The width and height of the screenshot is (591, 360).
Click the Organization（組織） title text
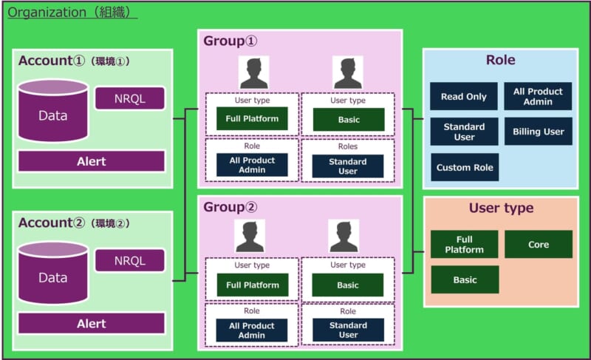click(72, 13)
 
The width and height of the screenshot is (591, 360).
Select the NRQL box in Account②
click(129, 260)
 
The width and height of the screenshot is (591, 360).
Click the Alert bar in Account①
click(92, 161)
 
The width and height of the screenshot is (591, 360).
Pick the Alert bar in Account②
click(92, 324)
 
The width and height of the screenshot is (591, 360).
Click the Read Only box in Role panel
click(464, 97)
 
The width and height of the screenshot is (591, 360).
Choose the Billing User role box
click(539, 132)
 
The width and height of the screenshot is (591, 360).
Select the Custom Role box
click(464, 167)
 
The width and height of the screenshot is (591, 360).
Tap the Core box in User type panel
click(539, 244)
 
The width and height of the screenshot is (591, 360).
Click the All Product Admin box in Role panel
click(539, 96)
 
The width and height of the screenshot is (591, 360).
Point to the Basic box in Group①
click(348, 119)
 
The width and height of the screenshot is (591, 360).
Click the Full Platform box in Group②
click(253, 285)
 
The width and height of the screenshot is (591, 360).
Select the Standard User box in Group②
click(348, 330)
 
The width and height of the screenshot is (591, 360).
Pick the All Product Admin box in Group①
click(251, 165)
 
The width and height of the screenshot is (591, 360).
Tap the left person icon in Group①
click(253, 72)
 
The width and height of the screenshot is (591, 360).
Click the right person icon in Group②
click(344, 236)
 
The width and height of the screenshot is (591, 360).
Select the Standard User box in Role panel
click(464, 132)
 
